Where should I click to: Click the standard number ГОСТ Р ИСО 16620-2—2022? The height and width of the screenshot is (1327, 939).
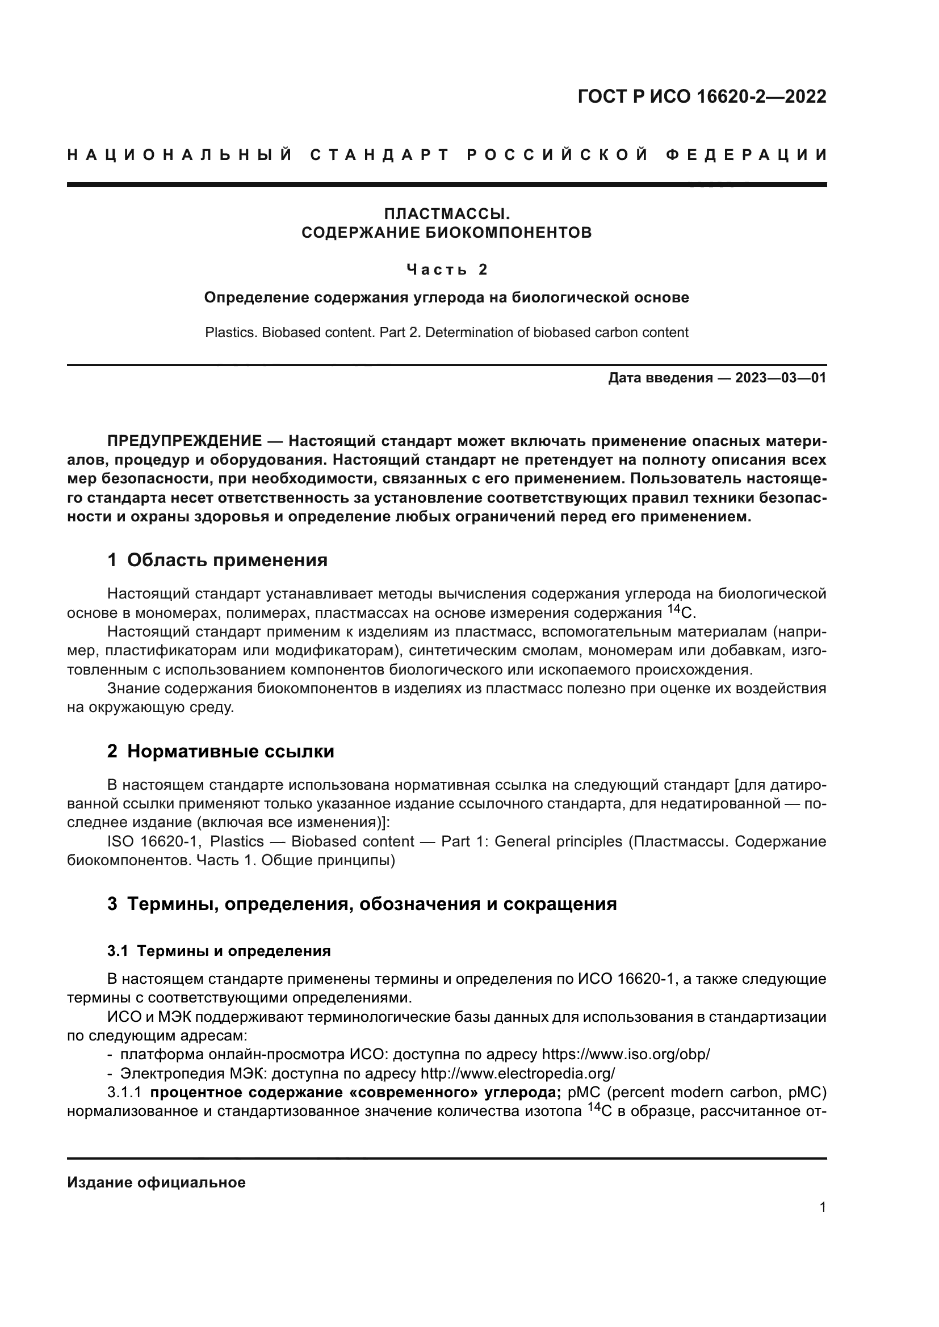[x=701, y=96]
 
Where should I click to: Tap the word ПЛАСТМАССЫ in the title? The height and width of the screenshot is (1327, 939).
[x=447, y=214]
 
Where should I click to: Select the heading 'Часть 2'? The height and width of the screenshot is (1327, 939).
[x=447, y=269]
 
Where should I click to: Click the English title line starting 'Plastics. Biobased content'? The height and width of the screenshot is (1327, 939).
[x=446, y=332]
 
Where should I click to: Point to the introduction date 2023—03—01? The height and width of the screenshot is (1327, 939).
[x=780, y=378]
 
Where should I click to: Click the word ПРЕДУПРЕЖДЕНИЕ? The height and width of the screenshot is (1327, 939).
[x=185, y=441]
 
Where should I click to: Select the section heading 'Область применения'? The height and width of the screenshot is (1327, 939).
[x=227, y=560]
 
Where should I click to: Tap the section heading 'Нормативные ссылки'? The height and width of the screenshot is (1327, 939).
[x=230, y=751]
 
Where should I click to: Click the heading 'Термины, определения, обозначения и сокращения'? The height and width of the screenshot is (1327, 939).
[x=371, y=904]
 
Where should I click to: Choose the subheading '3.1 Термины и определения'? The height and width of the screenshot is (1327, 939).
[x=219, y=951]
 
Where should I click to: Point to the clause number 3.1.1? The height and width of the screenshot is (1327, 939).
[x=124, y=1092]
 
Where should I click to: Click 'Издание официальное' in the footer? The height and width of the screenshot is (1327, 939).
[x=156, y=1182]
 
